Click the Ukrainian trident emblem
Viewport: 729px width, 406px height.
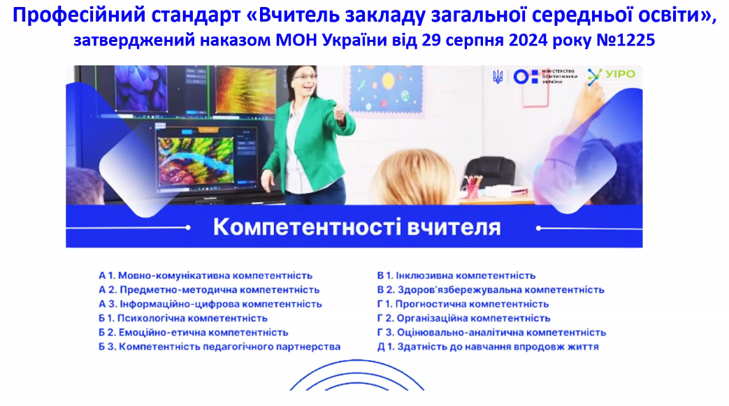[498, 76]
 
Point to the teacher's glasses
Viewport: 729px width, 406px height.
[305, 77]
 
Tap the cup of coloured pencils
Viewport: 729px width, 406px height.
[472, 187]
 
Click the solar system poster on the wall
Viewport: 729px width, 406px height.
[386, 89]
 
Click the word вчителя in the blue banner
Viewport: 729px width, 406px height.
[454, 227]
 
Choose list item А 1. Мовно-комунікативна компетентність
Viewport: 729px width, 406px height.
[205, 276]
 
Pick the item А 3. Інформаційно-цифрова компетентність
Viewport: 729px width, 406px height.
[210, 304]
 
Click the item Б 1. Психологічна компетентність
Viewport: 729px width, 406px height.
[183, 319]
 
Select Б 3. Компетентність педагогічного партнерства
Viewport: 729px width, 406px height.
[219, 347]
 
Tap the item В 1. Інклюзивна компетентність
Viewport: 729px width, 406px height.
[456, 276]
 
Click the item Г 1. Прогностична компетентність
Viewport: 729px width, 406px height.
[463, 304]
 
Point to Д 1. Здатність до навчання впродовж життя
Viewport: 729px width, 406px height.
[488, 347]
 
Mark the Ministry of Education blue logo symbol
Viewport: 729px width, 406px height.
[526, 77]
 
